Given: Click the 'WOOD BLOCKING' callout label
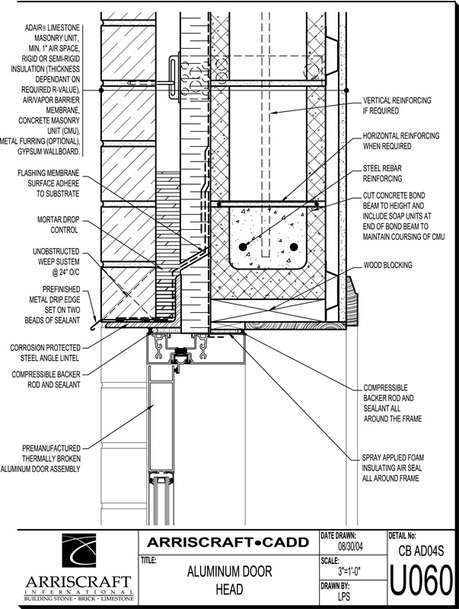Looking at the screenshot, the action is coord(387,265).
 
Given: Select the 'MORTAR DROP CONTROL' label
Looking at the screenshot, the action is coord(59,225).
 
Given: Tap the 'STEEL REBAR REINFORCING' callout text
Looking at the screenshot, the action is coord(382,174).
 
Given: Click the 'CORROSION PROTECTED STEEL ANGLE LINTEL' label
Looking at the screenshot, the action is coord(46,352).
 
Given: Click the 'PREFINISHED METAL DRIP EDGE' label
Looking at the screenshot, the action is coord(53,305).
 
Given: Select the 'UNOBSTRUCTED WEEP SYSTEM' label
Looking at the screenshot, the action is coord(56,262).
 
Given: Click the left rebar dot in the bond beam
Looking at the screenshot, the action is coord(243,247).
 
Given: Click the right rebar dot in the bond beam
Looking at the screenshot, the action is coord(294,247).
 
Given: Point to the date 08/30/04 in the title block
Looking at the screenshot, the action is coord(350,547).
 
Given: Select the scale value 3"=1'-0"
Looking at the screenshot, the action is coord(349,572).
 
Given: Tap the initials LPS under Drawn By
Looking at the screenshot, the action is coord(343,596).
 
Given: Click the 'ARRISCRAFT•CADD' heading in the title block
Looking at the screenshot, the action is coord(228,542).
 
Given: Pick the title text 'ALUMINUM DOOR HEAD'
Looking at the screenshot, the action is coord(230,580).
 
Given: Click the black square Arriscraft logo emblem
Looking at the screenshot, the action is coord(79,550).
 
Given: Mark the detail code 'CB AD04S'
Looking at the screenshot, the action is coord(422,550).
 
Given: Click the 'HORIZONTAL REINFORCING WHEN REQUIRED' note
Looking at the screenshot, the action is coord(401,141).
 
